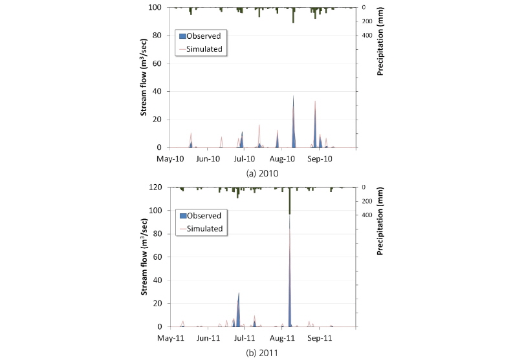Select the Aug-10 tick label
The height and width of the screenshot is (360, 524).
click(x=282, y=158)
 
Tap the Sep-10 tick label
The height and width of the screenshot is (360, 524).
click(x=320, y=158)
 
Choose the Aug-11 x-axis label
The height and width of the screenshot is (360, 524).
click(x=282, y=337)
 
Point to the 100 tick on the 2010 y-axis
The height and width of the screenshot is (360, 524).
click(x=156, y=8)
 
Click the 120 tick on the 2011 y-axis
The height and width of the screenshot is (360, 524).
click(x=156, y=187)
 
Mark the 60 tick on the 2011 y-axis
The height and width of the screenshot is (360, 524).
click(x=158, y=257)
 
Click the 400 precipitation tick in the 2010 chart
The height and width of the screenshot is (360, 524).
click(x=366, y=36)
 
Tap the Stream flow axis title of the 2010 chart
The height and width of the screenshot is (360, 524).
click(x=146, y=78)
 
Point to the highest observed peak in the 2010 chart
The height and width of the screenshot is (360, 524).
click(x=293, y=97)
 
